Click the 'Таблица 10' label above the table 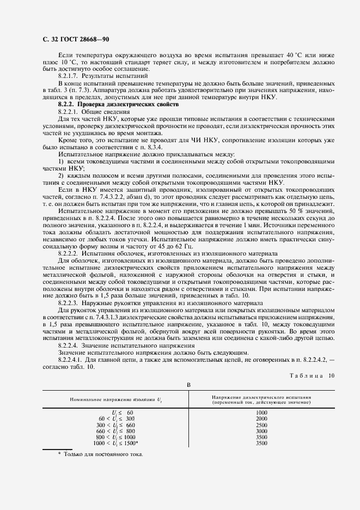click(308, 375)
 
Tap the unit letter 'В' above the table click(189, 385)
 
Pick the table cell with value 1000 click(261, 412)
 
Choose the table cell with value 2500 click(261, 424)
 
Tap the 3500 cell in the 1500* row click(261, 443)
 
